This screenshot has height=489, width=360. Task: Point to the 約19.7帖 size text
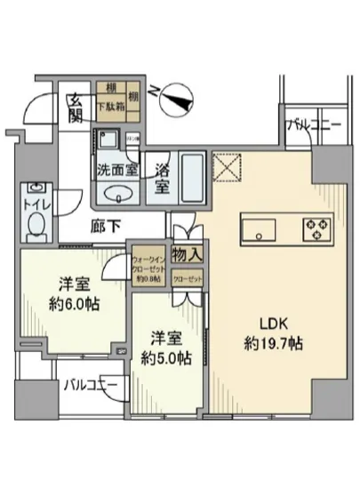point(273,344)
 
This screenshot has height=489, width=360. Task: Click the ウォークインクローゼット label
point(147,265)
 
